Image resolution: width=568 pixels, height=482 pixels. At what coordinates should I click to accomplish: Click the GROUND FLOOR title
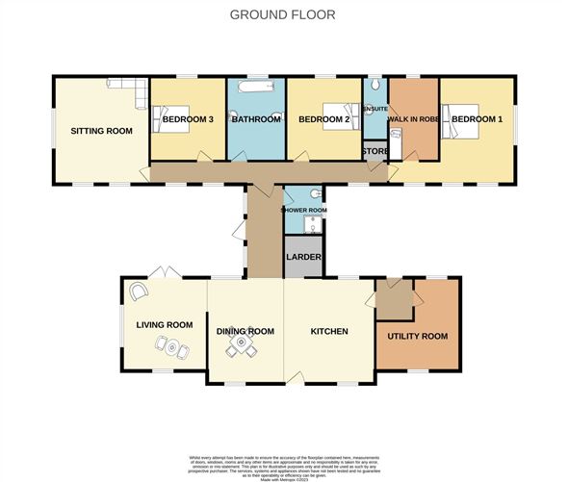(x=283, y=14)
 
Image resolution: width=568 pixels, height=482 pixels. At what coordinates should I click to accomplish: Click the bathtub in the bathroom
(x=256, y=89)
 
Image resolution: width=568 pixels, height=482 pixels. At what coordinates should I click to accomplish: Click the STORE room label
(x=374, y=152)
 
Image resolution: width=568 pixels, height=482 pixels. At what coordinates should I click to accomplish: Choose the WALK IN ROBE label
(x=412, y=118)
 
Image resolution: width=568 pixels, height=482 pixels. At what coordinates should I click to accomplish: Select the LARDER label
(x=302, y=257)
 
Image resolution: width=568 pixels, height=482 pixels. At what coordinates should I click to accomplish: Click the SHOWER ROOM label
(x=304, y=209)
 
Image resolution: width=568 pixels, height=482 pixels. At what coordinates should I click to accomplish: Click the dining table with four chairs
(x=244, y=347)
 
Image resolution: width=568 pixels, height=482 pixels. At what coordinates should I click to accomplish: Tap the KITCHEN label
(x=328, y=331)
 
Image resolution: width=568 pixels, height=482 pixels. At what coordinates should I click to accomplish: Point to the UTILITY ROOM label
(x=417, y=336)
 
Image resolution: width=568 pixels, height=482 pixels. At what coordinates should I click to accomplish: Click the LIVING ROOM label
(x=165, y=325)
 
